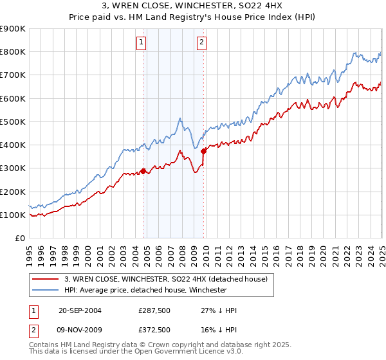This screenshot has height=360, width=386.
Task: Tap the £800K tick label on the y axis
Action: point(12,52)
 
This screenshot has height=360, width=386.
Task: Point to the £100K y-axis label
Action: point(12,215)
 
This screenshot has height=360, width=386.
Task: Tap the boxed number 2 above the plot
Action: point(201,43)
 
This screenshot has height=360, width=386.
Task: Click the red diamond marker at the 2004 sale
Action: point(143,171)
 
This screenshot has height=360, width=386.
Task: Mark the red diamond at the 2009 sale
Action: point(204,151)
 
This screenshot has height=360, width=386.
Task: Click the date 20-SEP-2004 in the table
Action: point(80,310)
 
